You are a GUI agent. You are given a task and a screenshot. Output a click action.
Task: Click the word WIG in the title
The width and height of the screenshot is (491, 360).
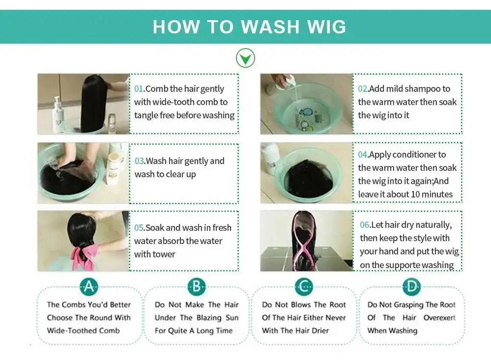click(327, 27)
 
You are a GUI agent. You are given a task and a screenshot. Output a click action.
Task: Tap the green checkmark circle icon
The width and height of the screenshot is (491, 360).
click(246, 58)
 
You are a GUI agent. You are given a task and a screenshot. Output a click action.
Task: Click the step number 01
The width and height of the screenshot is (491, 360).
click(139, 88)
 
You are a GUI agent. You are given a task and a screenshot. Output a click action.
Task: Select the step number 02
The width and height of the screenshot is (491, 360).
click(363, 88)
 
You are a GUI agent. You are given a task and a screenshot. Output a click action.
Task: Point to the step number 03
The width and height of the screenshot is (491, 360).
click(140, 161)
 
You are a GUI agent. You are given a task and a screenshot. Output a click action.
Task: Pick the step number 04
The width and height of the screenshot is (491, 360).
click(363, 155)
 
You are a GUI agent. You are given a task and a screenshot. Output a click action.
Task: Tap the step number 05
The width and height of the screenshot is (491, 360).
click(139, 227)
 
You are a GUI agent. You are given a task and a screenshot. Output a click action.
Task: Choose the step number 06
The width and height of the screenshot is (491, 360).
click(365, 225)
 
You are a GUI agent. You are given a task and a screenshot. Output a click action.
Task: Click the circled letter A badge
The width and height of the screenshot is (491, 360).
click(89, 286)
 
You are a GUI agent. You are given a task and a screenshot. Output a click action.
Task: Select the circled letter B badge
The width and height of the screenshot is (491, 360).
click(196, 286)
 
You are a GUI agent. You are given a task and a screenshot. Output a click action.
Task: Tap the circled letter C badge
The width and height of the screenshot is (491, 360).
click(304, 286)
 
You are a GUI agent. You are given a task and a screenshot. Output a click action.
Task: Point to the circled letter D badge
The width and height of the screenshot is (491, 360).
click(411, 286)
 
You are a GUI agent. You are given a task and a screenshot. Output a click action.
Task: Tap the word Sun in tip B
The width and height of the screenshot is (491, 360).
click(232, 318)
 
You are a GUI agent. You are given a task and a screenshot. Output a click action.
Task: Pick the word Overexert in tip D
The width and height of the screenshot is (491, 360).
click(439, 318)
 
